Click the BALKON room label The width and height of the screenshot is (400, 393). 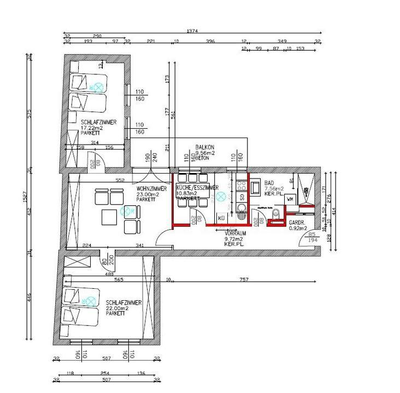click(205, 147)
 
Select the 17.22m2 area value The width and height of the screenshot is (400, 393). click(91, 128)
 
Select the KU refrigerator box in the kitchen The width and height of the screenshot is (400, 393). click(222, 218)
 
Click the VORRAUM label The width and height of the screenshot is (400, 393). click(235, 233)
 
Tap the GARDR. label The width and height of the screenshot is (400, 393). click(297, 223)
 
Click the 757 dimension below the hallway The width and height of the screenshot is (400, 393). click(244, 280)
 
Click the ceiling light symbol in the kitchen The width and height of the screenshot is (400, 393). click(220, 196)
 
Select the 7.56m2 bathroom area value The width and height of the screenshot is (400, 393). click(275, 189)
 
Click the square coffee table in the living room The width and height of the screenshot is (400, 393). click(109, 218)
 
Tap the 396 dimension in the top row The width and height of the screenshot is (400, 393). click(210, 41)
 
